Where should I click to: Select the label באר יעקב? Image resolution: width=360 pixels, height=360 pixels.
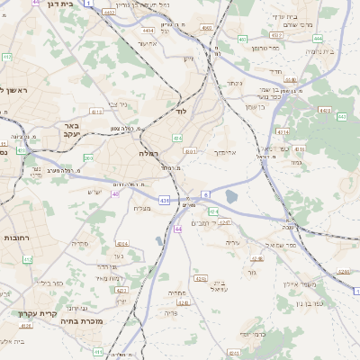click(x=71, y=130)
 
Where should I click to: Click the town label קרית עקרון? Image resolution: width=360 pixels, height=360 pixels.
click(x=38, y=313)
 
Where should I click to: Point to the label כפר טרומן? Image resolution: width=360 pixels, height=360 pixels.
click(x=265, y=48)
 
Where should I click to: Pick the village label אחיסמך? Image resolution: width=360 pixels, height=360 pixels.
click(x=224, y=153)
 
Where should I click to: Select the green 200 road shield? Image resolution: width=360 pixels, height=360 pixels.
click(x=88, y=158)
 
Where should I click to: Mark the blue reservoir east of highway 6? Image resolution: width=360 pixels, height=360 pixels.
click(x=232, y=197)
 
